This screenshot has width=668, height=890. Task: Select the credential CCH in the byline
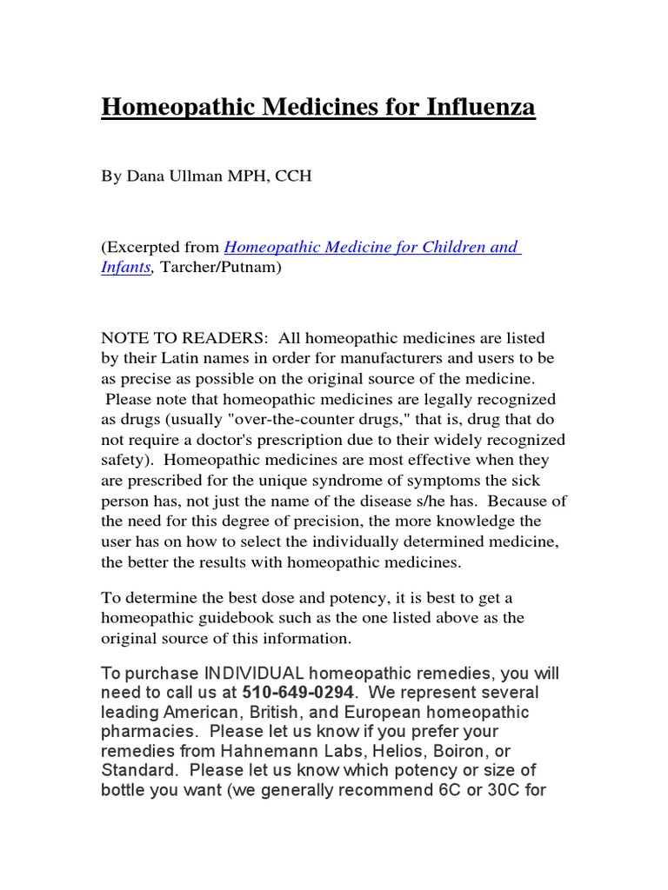pyautogui.click(x=293, y=176)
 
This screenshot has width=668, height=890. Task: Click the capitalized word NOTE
pyautogui.click(x=126, y=337)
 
